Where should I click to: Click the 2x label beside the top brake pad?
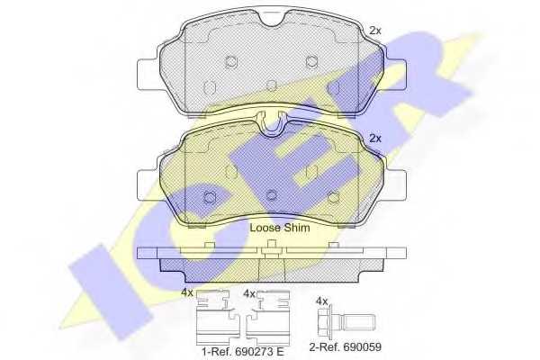[x=375, y=31]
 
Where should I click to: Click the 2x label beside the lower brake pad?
[x=375, y=139]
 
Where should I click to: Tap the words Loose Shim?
[x=279, y=229]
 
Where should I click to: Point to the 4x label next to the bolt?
[x=321, y=300]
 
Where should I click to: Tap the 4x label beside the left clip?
[x=186, y=293]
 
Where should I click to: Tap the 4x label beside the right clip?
[x=250, y=293]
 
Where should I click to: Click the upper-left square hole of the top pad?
[x=230, y=62]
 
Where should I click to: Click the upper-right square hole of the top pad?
[x=311, y=62]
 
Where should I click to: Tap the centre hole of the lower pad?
[x=271, y=193]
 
